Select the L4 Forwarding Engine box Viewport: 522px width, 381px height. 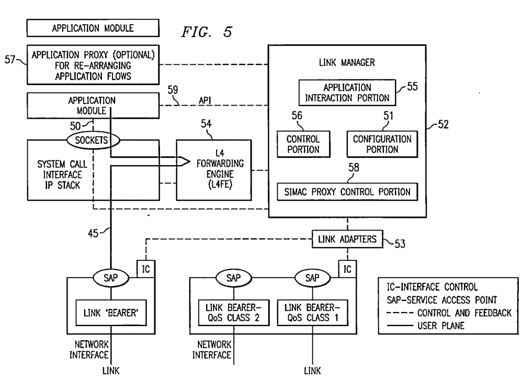click(x=214, y=170)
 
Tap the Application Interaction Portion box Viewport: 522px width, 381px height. click(x=347, y=93)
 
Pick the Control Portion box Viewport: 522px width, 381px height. click(x=303, y=144)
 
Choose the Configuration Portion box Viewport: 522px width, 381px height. click(x=382, y=144)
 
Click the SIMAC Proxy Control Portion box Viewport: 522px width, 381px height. click(x=347, y=192)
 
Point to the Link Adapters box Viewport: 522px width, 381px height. click(x=347, y=239)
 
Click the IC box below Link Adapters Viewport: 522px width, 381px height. click(x=347, y=269)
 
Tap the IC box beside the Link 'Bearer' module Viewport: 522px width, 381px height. click(x=146, y=269)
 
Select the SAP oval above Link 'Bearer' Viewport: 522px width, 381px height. click(x=111, y=278)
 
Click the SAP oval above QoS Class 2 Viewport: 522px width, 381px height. click(x=233, y=278)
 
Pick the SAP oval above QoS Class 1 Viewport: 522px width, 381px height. click(x=312, y=278)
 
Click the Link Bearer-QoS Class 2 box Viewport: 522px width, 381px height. click(x=233, y=313)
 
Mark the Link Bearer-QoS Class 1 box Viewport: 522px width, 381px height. click(x=312, y=313)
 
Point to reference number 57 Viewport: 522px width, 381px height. click(x=10, y=60)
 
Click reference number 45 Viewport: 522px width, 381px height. click(x=93, y=233)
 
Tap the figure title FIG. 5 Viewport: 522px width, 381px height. click(x=207, y=32)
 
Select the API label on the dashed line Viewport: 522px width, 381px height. click(x=205, y=100)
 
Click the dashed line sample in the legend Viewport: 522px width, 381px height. click(x=400, y=313)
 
